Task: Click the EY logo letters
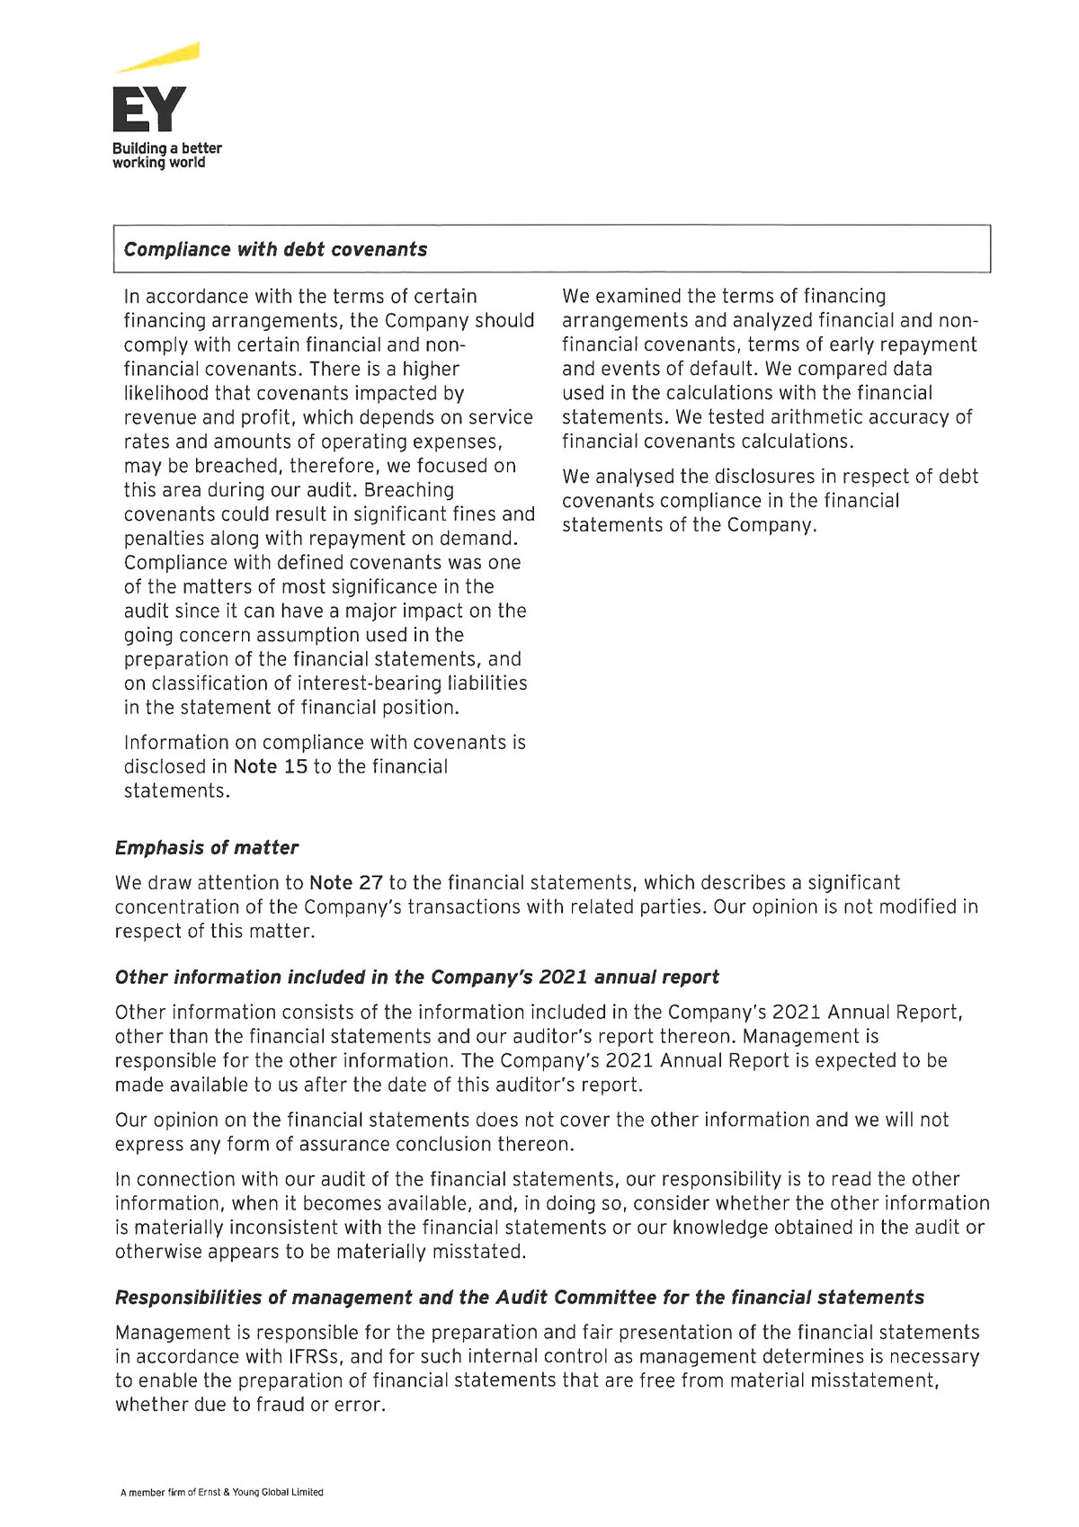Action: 149,110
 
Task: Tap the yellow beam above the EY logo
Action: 162,58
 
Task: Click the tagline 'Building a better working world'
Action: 166,155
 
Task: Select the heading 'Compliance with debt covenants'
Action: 275,249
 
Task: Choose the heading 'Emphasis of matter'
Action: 206,847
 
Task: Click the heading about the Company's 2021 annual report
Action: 416,977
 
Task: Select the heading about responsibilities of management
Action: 519,1297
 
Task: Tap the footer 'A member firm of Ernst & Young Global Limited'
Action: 221,1492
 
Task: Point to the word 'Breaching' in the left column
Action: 409,490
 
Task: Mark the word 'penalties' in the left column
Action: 163,539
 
